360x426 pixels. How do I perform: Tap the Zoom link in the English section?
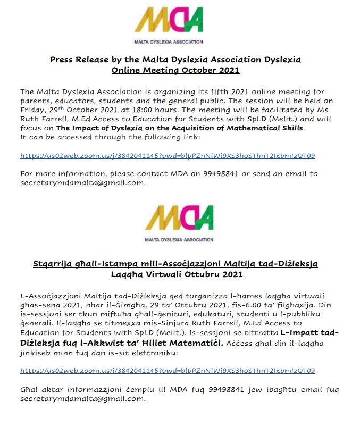tap(168, 156)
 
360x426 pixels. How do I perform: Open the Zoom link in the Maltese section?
tap(168, 370)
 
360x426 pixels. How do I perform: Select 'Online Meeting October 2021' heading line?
tap(175, 70)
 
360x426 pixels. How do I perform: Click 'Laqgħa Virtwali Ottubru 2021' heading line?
tap(175, 274)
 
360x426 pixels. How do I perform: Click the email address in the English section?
tap(82, 182)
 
